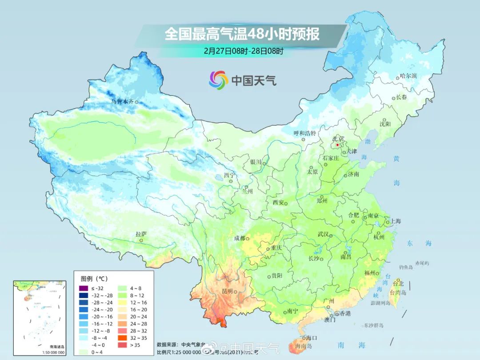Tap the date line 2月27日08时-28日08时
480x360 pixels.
coord(244,51)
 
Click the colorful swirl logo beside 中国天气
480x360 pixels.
coord(218,80)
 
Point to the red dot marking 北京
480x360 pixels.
coord(338,145)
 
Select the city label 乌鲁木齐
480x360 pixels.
coord(122,102)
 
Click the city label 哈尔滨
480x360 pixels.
coord(408,76)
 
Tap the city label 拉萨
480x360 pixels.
coord(141,234)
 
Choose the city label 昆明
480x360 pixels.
coord(227,291)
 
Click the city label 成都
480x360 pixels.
coord(240,238)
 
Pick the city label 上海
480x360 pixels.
coord(395,221)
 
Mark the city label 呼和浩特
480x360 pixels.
coord(304,133)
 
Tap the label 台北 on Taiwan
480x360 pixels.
coord(398,284)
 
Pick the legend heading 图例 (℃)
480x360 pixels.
coord(94,279)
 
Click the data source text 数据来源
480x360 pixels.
coord(167,344)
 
